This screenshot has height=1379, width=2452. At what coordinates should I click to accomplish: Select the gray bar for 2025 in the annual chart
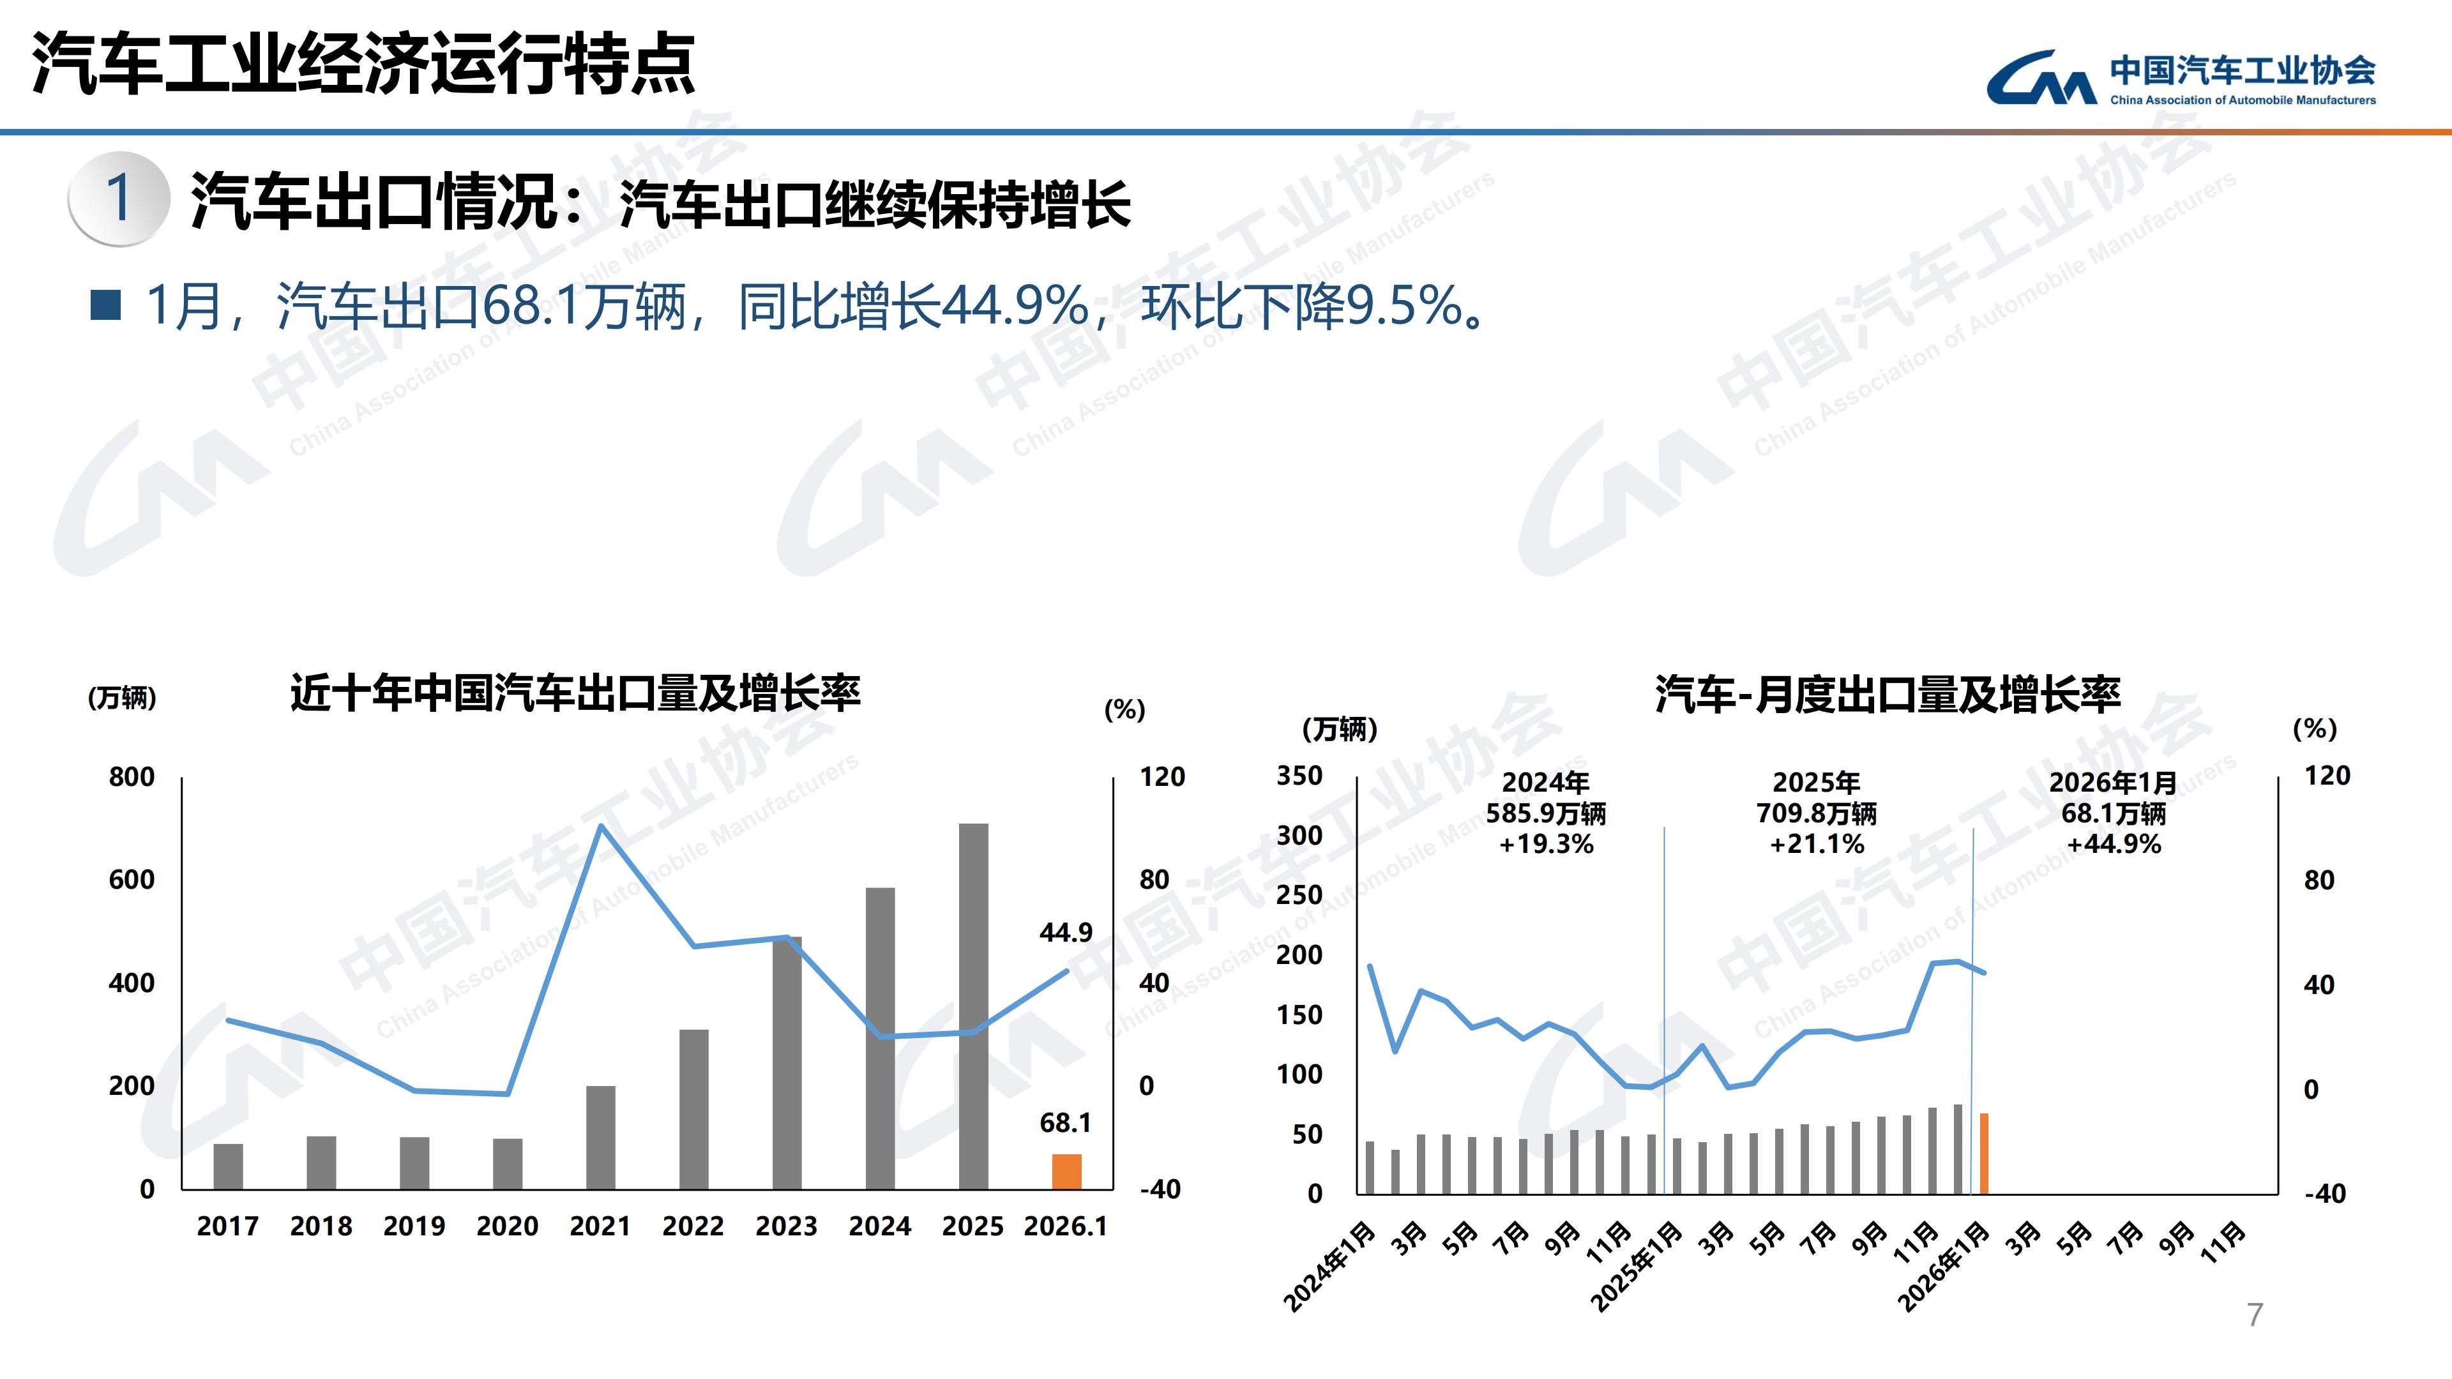pos(972,1006)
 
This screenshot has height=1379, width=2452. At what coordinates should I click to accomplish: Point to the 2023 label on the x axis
pos(786,1226)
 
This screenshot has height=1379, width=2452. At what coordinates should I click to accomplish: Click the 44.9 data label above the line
pos(1065,933)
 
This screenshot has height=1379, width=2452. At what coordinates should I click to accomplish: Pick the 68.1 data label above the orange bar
pos(1065,1123)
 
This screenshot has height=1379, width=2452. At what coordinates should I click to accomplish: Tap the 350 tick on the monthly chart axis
pos(1299,776)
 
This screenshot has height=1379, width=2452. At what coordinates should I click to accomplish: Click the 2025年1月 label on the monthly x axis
pos(1635,1267)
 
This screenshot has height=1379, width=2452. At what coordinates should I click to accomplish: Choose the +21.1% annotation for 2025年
pos(1816,844)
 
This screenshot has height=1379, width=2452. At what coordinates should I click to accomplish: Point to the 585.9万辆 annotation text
pos(1546,814)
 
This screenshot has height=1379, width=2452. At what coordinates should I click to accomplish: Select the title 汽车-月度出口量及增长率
pos(1888,695)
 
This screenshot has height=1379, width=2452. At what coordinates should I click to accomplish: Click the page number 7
pos(2254,1315)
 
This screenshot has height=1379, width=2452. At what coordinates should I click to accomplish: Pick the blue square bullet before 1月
pos(105,306)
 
